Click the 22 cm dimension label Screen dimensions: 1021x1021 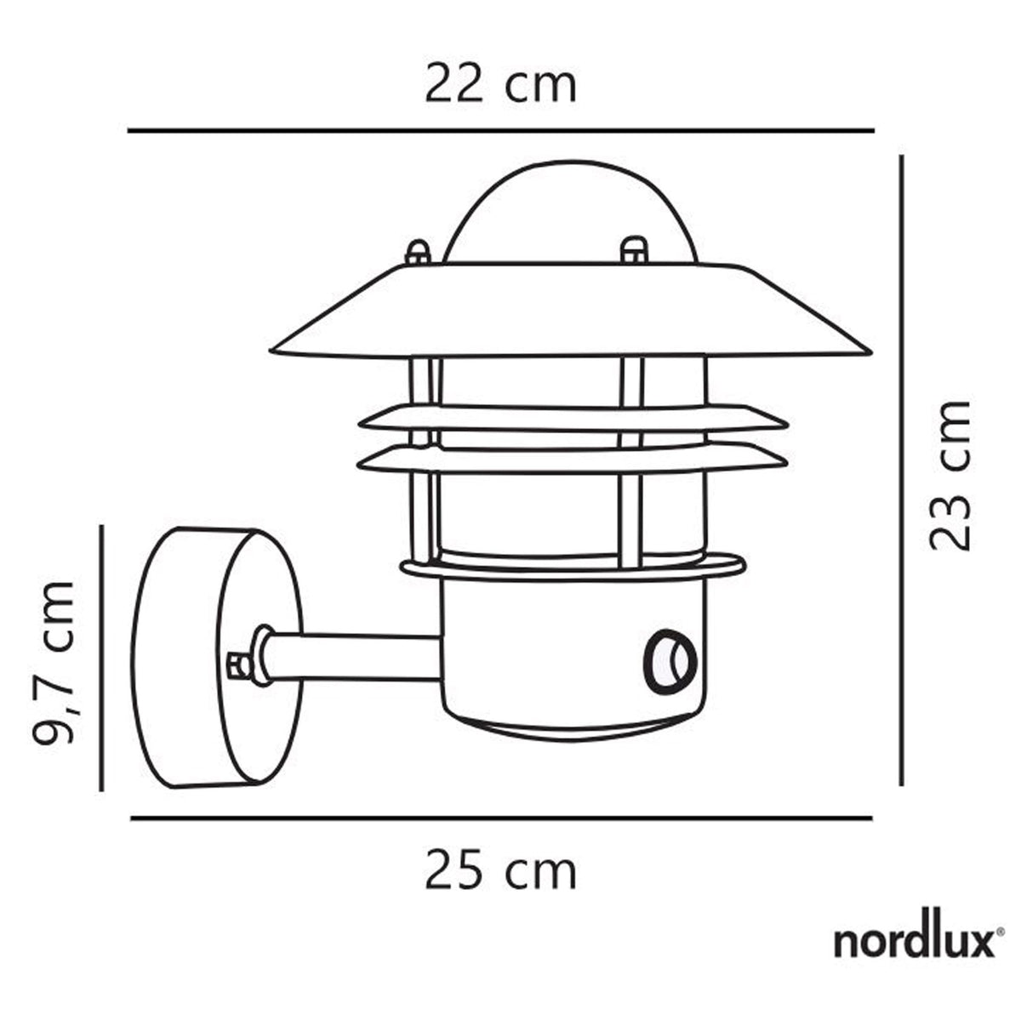[500, 86]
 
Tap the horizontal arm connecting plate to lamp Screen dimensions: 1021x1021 [357, 656]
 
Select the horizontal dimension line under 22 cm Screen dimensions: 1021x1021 [500, 131]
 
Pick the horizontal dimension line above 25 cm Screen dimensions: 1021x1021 [500, 819]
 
